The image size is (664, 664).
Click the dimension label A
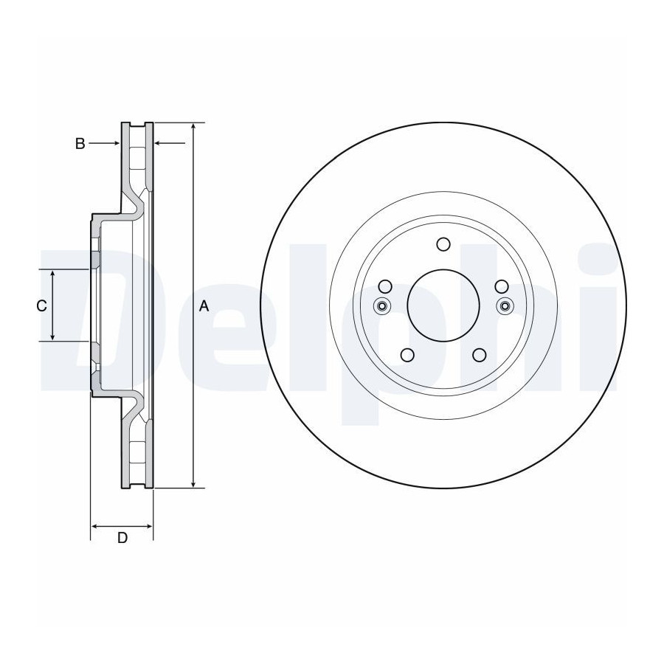(204, 305)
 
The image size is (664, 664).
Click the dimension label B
(80, 144)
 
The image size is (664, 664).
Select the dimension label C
(41, 305)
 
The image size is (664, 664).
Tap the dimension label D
(122, 538)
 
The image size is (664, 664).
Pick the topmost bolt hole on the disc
(443, 244)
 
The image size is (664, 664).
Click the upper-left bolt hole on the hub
(385, 287)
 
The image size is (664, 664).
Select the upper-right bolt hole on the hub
(502, 287)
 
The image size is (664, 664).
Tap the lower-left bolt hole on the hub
(407, 355)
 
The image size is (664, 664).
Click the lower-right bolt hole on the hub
(480, 355)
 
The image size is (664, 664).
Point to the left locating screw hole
(382, 305)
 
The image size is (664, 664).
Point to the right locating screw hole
(505, 305)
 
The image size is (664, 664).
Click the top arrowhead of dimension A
(193, 127)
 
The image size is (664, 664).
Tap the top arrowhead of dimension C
(52, 274)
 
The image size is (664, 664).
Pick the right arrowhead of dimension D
(148, 526)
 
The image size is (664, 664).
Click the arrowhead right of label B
(116, 144)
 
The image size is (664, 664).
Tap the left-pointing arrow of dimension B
(170, 144)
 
